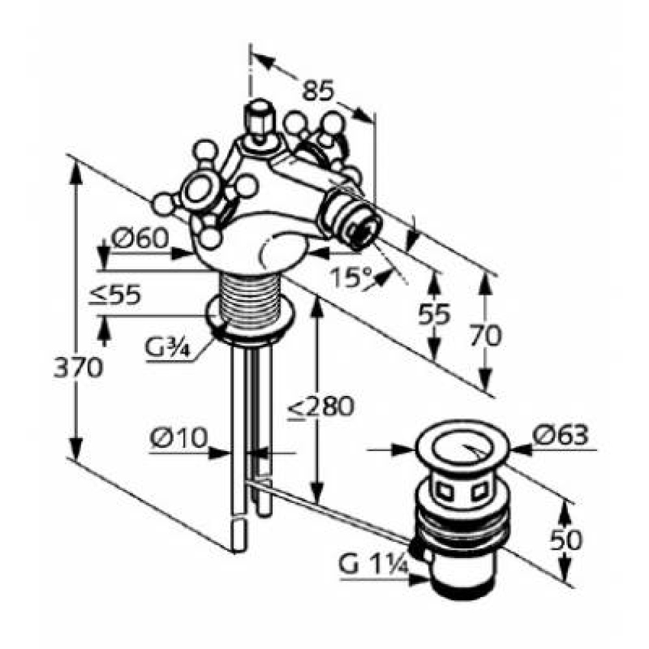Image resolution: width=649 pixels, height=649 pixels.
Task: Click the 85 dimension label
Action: pyautogui.click(x=319, y=90)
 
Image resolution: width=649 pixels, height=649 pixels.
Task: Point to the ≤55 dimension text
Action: pyautogui.click(x=115, y=296)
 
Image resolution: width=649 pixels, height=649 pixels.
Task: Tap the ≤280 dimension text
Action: pyautogui.click(x=321, y=407)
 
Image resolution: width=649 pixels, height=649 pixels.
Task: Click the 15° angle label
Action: pyautogui.click(x=352, y=278)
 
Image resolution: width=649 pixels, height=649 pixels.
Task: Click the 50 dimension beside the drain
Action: pyautogui.click(x=564, y=539)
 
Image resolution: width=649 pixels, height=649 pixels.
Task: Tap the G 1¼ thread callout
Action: pyautogui.click(x=373, y=566)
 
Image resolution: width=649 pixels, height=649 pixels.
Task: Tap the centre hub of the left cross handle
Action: pyautogui.click(x=193, y=191)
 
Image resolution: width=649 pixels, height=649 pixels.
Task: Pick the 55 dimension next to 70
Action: pyautogui.click(x=434, y=315)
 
